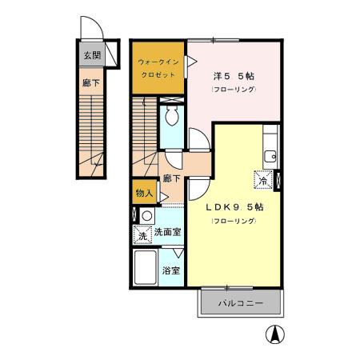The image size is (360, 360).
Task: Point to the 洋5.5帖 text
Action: coord(234,76)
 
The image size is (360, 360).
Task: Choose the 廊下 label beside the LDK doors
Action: coord(170,178)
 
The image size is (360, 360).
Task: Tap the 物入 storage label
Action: coord(144,193)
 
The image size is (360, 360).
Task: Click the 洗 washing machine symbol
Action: coord(142,235)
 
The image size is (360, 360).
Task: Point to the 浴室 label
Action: coord(170,270)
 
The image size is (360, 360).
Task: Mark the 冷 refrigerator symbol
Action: coord(262,181)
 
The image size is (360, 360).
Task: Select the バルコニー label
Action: coord(241,303)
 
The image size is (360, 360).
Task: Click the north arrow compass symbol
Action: coord(274,337)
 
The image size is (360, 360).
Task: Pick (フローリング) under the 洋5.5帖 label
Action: coord(234,89)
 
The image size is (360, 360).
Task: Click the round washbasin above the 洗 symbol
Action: coord(146,216)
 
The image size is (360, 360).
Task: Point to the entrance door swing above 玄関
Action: coord(93,30)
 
